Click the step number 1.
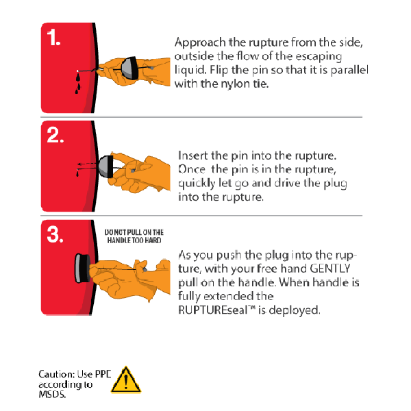point(53,38)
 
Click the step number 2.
point(55,135)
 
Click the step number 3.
point(55,234)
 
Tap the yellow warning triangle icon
point(126,380)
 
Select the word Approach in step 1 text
point(200,42)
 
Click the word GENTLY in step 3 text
point(330,269)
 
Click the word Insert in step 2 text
point(193,155)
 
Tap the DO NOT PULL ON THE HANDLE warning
point(134,236)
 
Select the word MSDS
point(52,395)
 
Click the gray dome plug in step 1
point(128,68)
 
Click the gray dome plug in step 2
point(105,166)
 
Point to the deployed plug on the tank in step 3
point(83,268)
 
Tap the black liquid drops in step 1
point(78,84)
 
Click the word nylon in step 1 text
point(236,84)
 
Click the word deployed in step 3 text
point(295,310)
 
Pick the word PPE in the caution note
point(103,374)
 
